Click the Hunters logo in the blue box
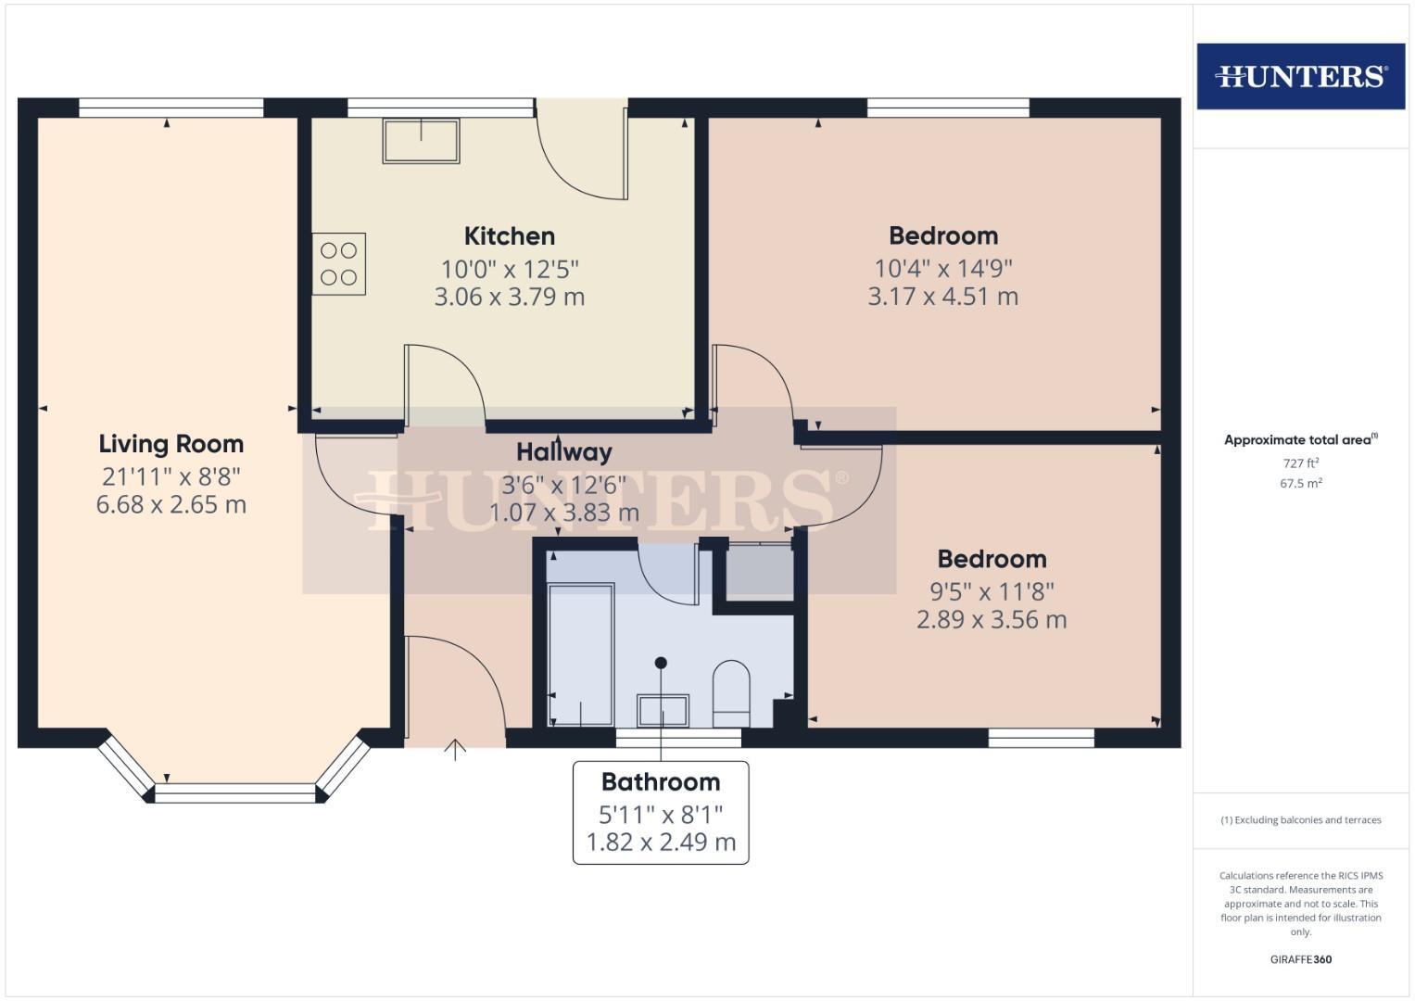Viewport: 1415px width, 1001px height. point(1300,76)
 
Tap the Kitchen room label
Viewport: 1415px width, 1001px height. point(509,235)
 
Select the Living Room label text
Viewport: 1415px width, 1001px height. point(171,444)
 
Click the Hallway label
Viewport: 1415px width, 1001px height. point(563,452)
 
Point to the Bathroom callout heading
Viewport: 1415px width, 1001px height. point(660,782)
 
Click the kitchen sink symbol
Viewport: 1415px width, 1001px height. point(422,141)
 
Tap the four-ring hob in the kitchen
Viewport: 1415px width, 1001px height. point(338,264)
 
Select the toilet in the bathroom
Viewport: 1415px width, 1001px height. point(731,693)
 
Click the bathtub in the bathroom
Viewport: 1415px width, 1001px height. point(580,654)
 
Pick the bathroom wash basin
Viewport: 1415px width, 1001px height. point(662,711)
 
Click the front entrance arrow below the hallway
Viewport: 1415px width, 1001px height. point(454,749)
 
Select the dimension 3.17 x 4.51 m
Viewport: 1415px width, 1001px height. point(942,297)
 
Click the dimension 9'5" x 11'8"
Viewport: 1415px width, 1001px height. point(992,591)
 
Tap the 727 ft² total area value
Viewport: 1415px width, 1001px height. point(1300,462)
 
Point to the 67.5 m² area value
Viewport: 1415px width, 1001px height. point(1300,483)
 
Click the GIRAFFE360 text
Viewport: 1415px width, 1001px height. point(1300,959)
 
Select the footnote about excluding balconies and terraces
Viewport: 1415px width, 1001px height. point(1300,820)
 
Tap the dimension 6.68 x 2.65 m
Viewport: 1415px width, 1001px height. point(171,505)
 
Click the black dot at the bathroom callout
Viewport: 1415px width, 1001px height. point(661,663)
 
